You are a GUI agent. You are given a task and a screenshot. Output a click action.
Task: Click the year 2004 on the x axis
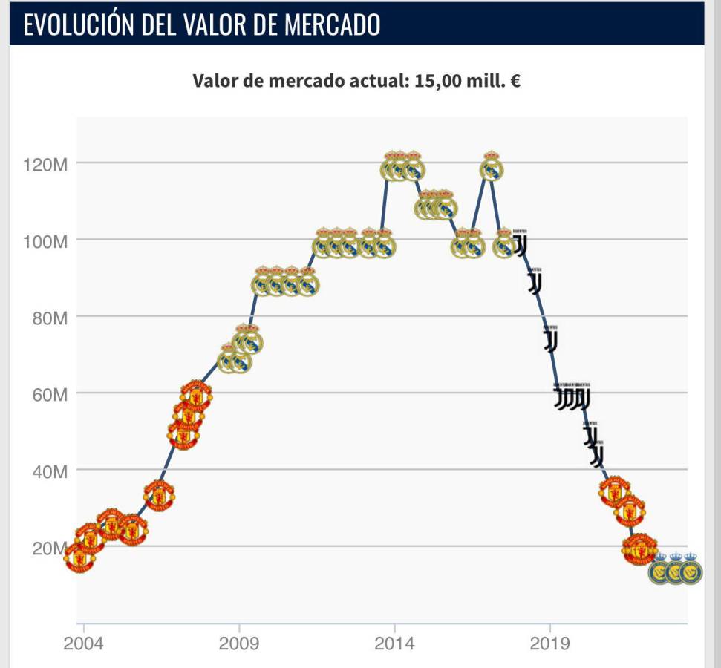(83, 642)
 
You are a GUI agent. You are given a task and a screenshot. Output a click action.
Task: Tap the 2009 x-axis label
(239, 642)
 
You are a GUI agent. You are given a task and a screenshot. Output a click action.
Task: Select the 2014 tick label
(394, 642)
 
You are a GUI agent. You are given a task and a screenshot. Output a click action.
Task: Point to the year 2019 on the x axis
(550, 642)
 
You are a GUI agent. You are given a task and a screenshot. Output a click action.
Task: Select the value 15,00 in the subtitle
(434, 81)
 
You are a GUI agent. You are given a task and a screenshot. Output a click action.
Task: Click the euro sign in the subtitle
(515, 81)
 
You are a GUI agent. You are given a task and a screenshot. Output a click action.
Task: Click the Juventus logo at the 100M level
(521, 243)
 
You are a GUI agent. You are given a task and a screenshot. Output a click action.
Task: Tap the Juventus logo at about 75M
(550, 339)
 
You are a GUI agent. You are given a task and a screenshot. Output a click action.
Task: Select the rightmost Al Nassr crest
(691, 570)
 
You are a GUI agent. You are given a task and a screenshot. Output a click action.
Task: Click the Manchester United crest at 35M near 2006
(159, 495)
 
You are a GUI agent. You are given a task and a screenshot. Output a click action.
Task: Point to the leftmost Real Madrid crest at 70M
(229, 359)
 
